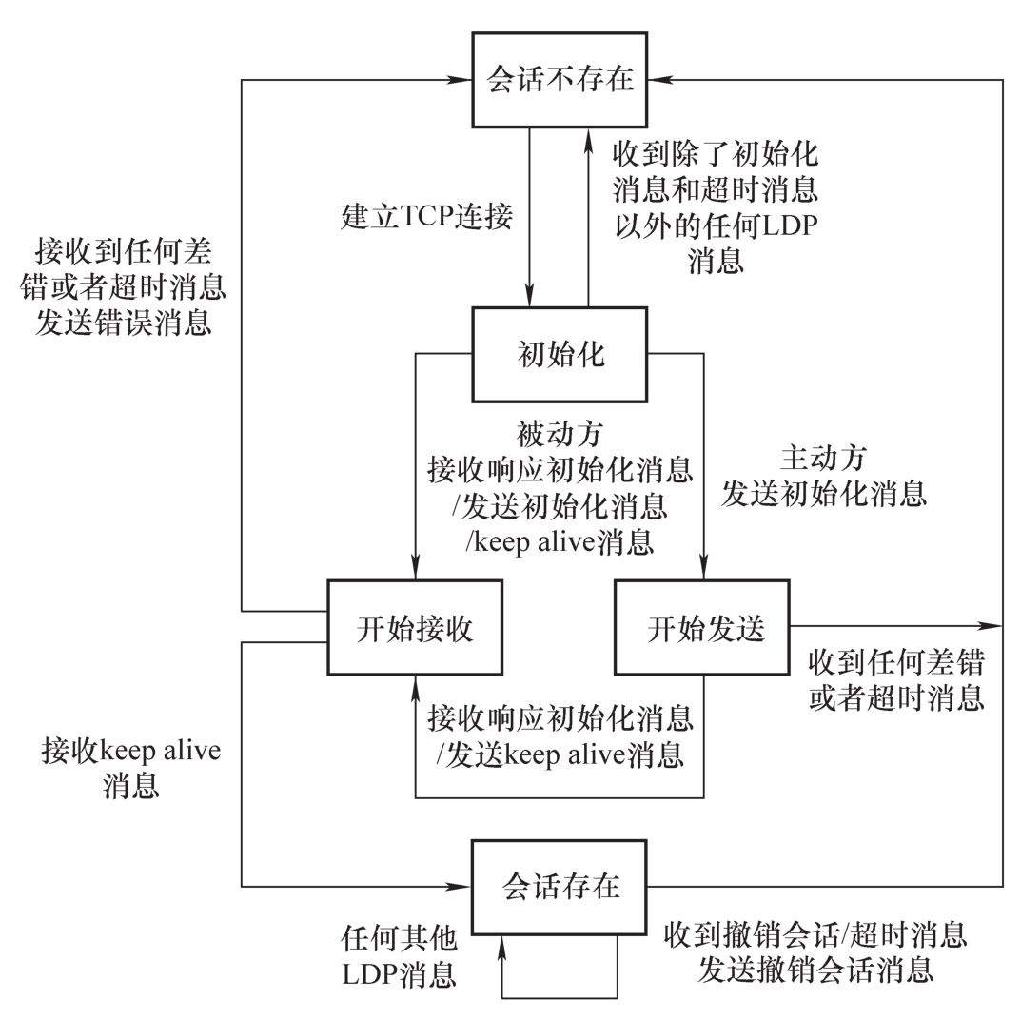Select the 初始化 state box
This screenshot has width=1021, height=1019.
(x=560, y=354)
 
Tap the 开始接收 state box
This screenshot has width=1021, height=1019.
(x=415, y=628)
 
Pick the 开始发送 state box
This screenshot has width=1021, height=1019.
(x=704, y=628)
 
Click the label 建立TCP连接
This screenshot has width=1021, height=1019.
(x=427, y=217)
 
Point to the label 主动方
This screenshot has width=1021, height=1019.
(x=823, y=459)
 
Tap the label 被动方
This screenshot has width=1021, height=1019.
(x=560, y=436)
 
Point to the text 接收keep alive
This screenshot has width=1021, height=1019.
(x=130, y=751)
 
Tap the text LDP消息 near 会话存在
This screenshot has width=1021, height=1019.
(x=399, y=975)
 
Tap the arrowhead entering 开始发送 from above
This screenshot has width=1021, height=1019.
(x=704, y=571)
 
